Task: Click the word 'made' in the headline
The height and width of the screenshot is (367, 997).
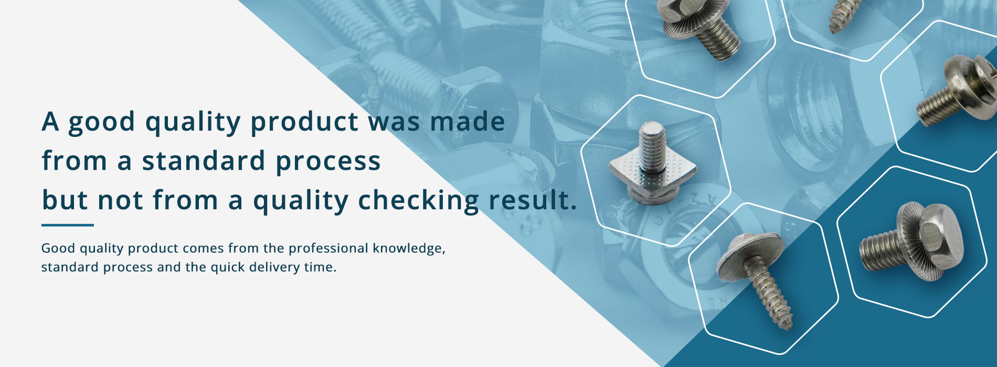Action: click(x=468, y=122)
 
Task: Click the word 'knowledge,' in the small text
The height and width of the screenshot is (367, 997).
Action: click(x=409, y=249)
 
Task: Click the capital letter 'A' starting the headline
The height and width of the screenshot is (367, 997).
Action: click(x=50, y=122)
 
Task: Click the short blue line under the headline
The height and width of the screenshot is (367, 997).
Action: click(x=68, y=225)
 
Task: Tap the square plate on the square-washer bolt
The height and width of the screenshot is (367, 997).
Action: click(x=653, y=172)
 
